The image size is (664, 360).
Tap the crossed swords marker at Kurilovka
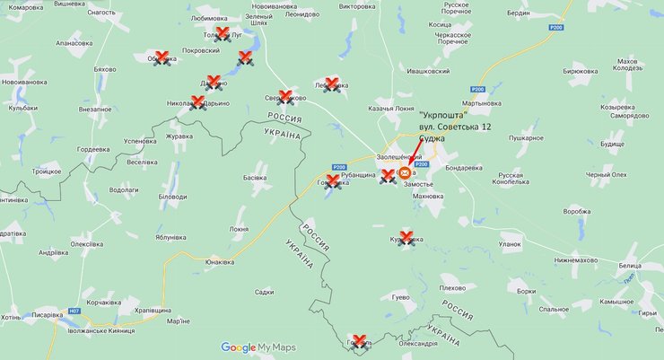click(x=406, y=238)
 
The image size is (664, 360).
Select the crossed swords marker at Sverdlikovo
click(x=285, y=97)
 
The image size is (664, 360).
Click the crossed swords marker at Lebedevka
click(x=331, y=84)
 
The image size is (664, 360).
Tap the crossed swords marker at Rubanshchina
click(x=388, y=176)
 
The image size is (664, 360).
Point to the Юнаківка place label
click(x=220, y=263)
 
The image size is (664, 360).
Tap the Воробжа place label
click(x=577, y=212)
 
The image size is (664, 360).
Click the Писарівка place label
click(x=47, y=315)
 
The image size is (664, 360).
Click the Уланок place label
click(x=510, y=243)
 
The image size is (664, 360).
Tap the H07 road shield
click(x=74, y=311)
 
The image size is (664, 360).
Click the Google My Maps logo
click(x=258, y=347)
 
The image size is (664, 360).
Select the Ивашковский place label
click(x=428, y=70)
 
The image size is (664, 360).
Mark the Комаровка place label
click(x=25, y=7)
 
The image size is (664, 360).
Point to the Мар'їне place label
click(x=179, y=321)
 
